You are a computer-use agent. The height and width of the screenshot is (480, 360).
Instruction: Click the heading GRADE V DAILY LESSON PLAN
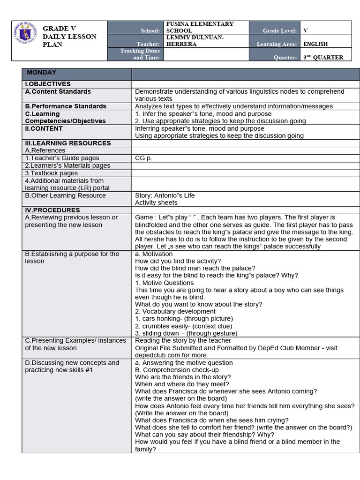point(69,37)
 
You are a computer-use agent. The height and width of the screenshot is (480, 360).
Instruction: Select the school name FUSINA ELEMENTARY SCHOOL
point(200,27)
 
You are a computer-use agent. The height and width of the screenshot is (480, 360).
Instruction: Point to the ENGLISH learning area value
point(315,44)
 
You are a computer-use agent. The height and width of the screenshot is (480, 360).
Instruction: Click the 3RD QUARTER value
point(323,58)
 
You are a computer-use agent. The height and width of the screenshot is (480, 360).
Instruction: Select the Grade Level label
point(280,30)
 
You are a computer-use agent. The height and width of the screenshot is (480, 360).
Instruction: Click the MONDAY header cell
point(42,73)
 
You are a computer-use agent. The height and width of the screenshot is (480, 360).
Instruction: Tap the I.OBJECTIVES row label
point(48,84)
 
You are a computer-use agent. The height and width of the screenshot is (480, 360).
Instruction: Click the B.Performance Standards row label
point(66,106)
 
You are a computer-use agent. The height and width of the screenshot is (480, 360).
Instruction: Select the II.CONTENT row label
point(44,128)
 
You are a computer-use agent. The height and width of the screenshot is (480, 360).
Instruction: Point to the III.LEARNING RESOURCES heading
point(68,143)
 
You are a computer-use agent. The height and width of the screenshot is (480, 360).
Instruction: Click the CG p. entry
point(143,158)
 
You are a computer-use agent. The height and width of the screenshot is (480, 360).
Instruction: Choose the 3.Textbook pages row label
point(52,173)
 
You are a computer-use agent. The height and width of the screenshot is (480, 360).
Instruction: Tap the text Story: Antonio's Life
point(165,195)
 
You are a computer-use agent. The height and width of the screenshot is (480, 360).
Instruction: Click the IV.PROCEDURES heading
point(52,210)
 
